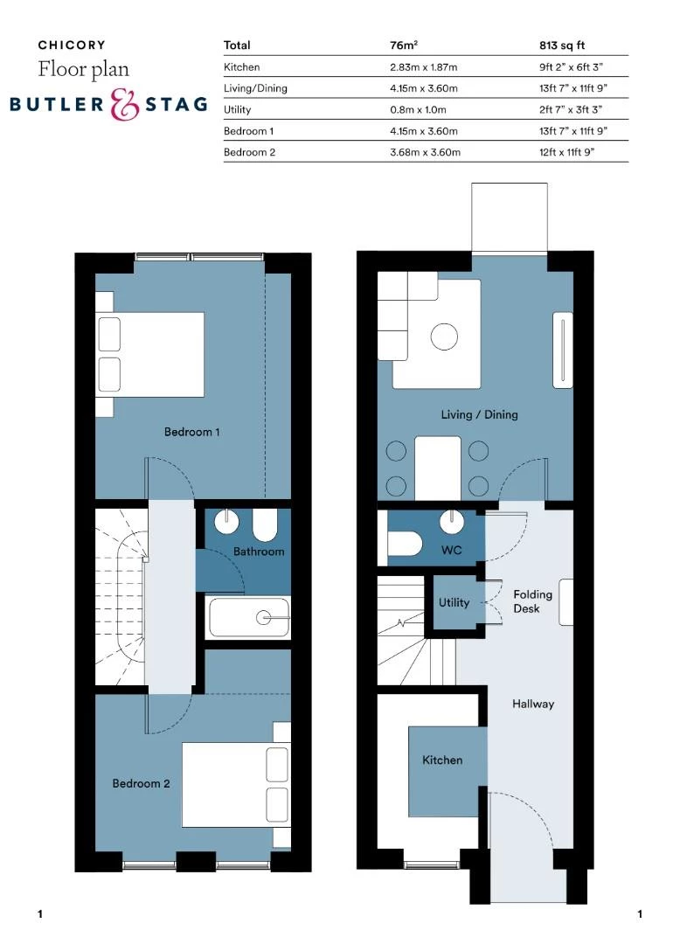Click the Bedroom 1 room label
(x=191, y=432)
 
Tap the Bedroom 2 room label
(x=141, y=783)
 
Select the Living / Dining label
(x=479, y=414)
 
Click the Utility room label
(x=454, y=602)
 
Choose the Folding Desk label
(x=532, y=601)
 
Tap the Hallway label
(x=533, y=704)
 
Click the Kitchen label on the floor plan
(x=442, y=760)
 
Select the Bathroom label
(x=258, y=552)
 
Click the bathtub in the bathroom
(x=248, y=617)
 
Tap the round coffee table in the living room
(x=445, y=336)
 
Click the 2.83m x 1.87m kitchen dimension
(x=425, y=66)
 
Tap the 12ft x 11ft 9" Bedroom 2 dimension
(x=572, y=152)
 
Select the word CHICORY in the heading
(x=72, y=45)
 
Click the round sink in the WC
(x=453, y=521)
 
